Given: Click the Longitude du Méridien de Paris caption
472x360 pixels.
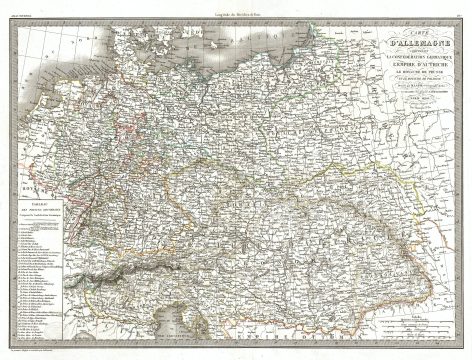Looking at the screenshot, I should [236, 7].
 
